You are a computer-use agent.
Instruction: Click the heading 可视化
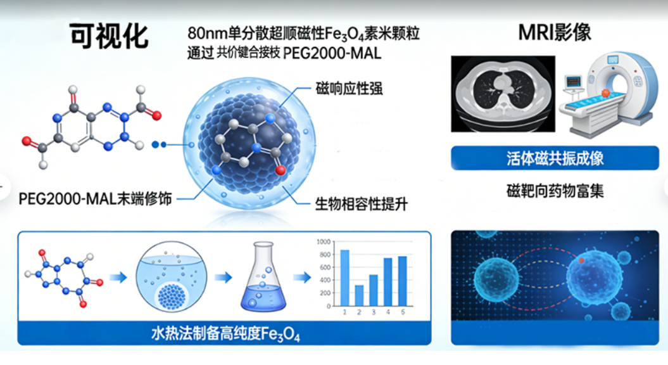pos(109,36)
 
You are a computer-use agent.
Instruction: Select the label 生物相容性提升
pos(361,204)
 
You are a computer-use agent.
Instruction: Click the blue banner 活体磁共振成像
pos(555,158)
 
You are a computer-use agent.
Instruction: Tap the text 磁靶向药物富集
pos(555,190)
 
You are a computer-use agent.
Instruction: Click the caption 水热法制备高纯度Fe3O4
pos(225,333)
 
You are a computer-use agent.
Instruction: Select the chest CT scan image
pos(503,93)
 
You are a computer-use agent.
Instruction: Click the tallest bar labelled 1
pos(345,278)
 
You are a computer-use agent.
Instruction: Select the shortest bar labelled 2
pos(359,295)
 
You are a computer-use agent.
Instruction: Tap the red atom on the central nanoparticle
pos(280,170)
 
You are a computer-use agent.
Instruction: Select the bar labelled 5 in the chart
pos(402,280)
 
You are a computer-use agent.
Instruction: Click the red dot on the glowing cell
pos(581,260)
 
